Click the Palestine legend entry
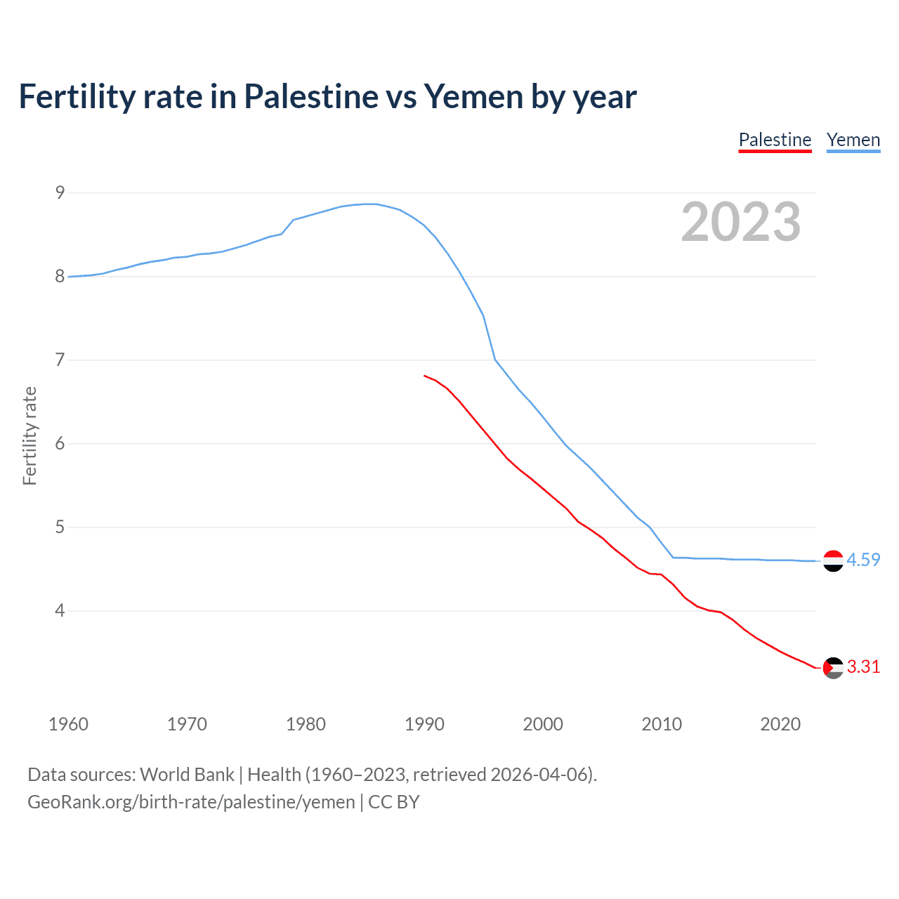click(775, 140)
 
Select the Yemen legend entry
click(853, 140)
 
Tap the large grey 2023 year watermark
click(740, 222)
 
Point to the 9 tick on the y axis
click(60, 192)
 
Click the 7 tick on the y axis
click(60, 360)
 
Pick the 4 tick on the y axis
click(60, 610)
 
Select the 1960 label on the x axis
click(68, 724)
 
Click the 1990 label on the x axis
click(424, 724)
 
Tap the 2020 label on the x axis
click(780, 724)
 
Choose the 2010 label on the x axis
click(662, 724)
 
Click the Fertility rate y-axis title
click(29, 435)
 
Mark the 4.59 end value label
click(863, 560)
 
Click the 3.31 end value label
click(863, 667)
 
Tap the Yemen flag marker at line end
click(833, 560)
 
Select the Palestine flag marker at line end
click(833, 668)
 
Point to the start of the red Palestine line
click(425, 376)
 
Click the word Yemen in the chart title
click(473, 97)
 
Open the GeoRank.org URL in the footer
click(191, 802)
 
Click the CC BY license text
click(394, 802)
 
